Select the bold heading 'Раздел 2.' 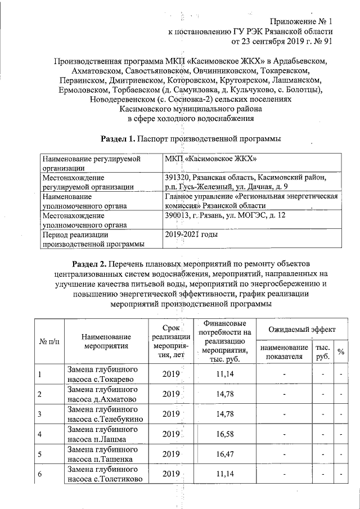click(x=91, y=263)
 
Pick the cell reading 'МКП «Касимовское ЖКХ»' click(x=211, y=159)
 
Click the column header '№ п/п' click(x=49, y=341)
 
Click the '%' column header click(x=340, y=352)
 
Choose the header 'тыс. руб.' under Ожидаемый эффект click(x=323, y=352)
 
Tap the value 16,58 click(x=224, y=434)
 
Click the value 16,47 click(x=224, y=454)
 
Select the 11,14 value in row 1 click(x=224, y=374)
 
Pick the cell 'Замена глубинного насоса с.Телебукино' click(x=105, y=415)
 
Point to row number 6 click(x=40, y=475)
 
